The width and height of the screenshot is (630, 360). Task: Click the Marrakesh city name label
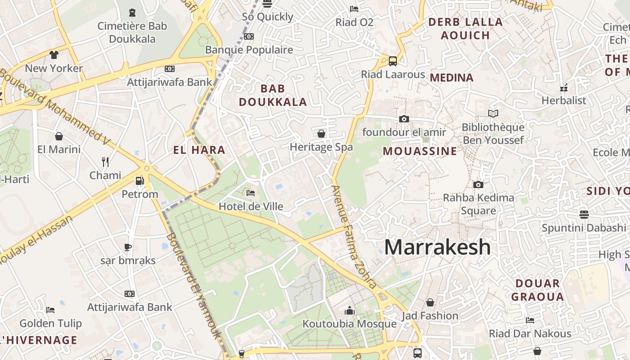(x=437, y=247)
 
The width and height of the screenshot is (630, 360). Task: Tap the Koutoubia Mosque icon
(x=350, y=310)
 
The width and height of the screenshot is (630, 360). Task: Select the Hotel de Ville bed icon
(x=251, y=193)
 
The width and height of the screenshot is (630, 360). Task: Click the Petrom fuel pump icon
(x=140, y=181)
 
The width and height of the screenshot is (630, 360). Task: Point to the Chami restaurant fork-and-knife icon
(x=105, y=162)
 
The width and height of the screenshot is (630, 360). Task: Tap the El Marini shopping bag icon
(x=58, y=136)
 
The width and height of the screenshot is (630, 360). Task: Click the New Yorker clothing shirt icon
(x=54, y=55)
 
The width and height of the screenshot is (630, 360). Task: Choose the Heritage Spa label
(x=321, y=147)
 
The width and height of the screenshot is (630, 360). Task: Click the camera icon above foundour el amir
(x=404, y=119)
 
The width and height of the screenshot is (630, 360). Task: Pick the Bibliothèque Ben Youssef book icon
(x=493, y=113)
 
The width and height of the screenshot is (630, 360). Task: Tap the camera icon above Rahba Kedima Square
(x=478, y=184)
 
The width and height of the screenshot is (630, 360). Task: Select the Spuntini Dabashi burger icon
(x=584, y=214)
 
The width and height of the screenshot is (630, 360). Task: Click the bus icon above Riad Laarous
(x=393, y=61)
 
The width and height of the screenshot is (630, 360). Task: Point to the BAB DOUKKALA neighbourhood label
(x=273, y=95)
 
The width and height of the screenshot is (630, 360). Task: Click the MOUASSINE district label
(x=420, y=151)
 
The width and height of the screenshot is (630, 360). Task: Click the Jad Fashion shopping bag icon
(x=430, y=302)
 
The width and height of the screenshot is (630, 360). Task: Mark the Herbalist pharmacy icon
(x=564, y=88)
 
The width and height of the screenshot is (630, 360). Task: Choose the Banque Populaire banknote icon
(x=249, y=36)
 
